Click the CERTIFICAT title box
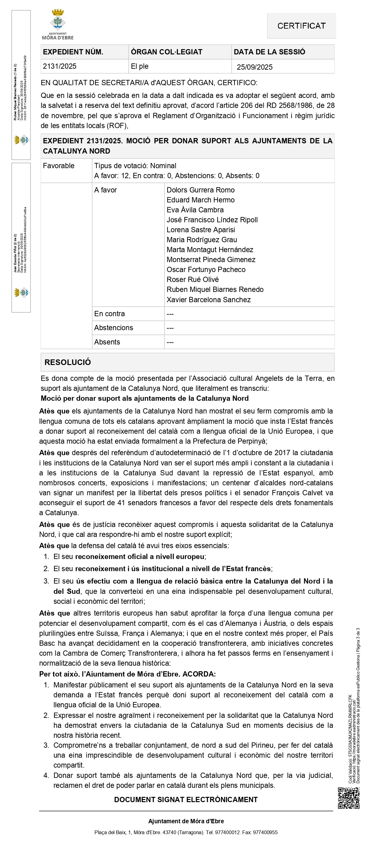click(301, 26)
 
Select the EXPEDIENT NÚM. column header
click(73, 52)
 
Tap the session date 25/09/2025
click(254, 67)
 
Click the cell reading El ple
click(139, 66)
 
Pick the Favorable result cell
click(59, 166)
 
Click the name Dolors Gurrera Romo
click(201, 190)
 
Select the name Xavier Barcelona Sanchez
click(209, 300)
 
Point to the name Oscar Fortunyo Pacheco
click(206, 270)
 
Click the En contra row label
click(109, 314)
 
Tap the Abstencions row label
click(114, 328)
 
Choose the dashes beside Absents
click(170, 342)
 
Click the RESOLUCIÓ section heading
click(67, 363)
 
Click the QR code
click(348, 798)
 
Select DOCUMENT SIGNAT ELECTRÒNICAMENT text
click(186, 800)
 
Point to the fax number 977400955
click(266, 832)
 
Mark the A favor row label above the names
click(105, 190)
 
